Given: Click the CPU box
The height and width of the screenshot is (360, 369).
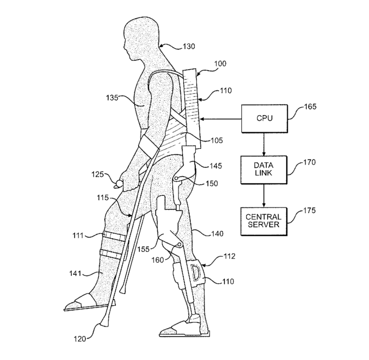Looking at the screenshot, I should point(264,119).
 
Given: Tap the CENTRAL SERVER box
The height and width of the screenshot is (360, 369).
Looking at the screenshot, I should point(264,220).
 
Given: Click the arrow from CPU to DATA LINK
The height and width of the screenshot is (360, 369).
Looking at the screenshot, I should point(264,144).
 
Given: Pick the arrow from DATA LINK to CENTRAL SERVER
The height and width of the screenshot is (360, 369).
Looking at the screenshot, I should point(264,195).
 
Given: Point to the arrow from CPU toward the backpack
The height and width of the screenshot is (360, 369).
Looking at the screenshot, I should point(222,119).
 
